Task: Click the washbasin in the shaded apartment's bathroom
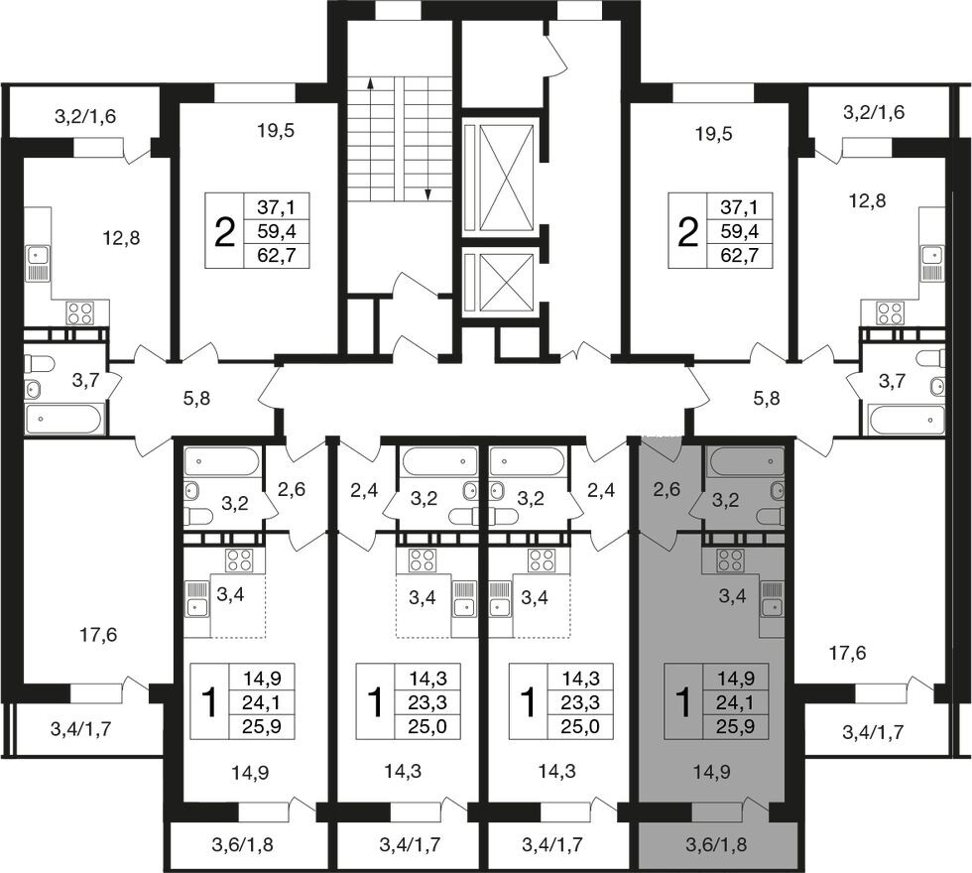pyautogui.click(x=778, y=491)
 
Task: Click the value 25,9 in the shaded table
pyautogui.click(x=735, y=726)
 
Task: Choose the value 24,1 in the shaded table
pyautogui.click(x=735, y=702)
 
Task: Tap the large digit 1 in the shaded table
pyautogui.click(x=683, y=702)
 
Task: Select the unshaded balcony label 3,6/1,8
pyautogui.click(x=242, y=844)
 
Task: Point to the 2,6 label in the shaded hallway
pyautogui.click(x=666, y=490)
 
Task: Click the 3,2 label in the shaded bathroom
pyautogui.click(x=725, y=500)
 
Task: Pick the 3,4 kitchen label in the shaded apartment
pyautogui.click(x=732, y=597)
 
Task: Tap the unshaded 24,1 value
pyautogui.click(x=263, y=702)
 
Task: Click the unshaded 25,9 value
pyautogui.click(x=263, y=726)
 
